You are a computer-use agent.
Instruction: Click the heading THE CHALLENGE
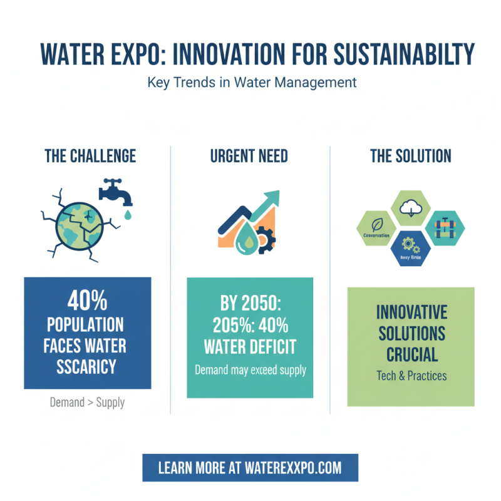coord(90,156)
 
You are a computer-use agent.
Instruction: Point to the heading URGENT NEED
coord(250,156)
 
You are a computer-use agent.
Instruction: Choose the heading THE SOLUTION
coord(410,156)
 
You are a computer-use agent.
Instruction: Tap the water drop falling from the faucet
coord(128,215)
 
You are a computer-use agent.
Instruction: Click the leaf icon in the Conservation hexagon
coord(376,223)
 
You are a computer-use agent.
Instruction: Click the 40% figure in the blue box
coord(88,302)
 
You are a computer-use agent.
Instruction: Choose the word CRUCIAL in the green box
coord(411,354)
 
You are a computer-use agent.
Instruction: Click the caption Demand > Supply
coord(88,402)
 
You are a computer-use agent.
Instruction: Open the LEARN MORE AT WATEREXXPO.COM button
coord(250,468)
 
